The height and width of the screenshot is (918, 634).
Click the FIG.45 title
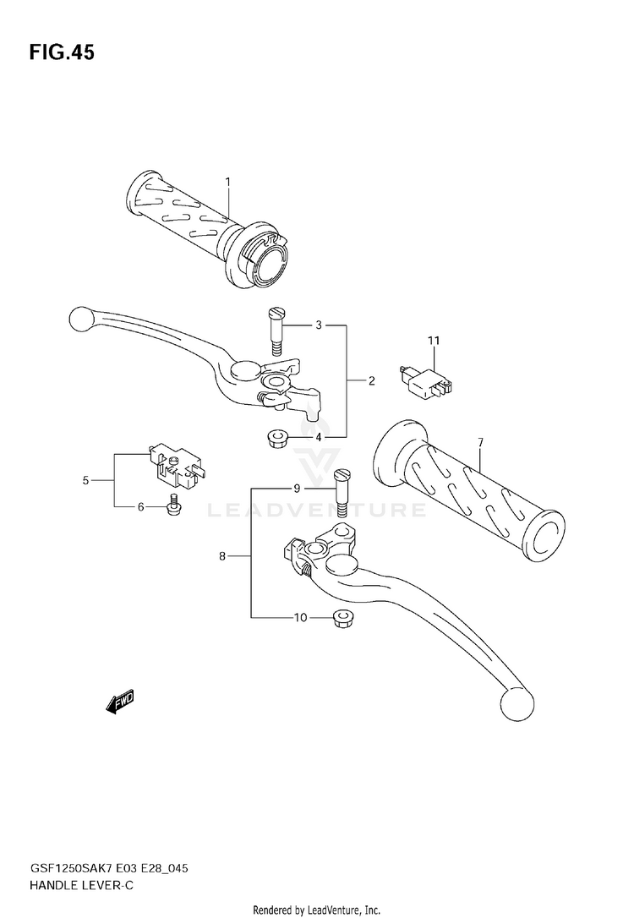(62, 53)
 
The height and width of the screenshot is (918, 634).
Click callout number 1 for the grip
(227, 181)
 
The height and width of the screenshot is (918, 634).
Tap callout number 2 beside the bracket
(371, 381)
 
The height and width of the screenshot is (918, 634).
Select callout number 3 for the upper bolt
(295, 325)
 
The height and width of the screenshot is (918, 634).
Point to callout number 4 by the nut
(295, 437)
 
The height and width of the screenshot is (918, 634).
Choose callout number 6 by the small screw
(141, 507)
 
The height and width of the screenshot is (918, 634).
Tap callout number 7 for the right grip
(479, 442)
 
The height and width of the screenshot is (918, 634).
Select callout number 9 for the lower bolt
(297, 489)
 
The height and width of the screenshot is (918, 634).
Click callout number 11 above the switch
(434, 341)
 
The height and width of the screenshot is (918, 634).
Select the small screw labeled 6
(172, 506)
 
